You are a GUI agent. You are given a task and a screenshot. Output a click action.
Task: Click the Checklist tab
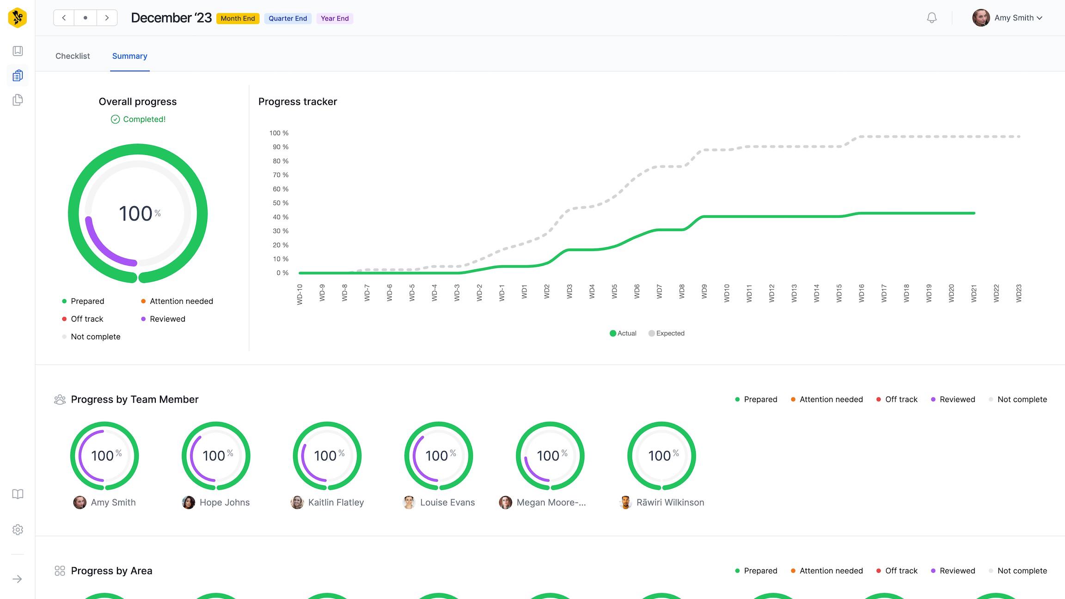(73, 56)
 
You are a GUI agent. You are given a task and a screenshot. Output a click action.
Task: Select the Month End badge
(238, 18)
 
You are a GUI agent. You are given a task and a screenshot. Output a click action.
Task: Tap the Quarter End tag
(288, 18)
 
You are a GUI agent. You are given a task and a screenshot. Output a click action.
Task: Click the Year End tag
(335, 18)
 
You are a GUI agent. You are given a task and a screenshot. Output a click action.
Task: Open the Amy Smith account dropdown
(1008, 18)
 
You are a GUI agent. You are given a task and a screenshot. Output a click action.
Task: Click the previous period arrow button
(64, 18)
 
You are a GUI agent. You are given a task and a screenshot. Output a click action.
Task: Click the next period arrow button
(107, 18)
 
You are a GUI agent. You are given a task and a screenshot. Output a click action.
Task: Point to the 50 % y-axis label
(280, 203)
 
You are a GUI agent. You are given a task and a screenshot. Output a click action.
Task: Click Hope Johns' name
(225, 502)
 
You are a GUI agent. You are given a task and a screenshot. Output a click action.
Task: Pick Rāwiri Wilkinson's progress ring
(661, 456)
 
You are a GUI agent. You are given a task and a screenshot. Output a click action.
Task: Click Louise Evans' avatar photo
(409, 502)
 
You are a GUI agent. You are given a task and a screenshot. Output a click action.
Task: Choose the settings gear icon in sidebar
(18, 530)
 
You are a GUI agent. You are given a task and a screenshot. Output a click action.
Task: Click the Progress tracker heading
(298, 102)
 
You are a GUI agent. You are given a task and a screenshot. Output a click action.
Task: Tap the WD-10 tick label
(300, 294)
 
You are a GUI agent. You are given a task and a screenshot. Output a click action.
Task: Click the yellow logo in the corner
(18, 18)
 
